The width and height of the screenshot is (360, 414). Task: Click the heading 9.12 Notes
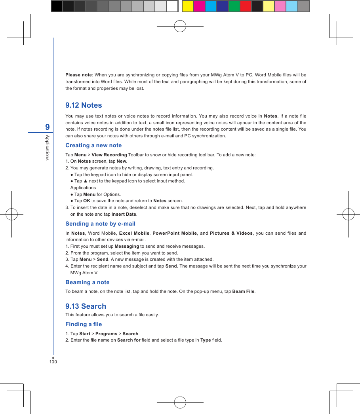click(x=84, y=105)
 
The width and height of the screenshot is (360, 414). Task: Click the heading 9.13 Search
click(x=86, y=306)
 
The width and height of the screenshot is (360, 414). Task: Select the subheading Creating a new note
click(x=93, y=145)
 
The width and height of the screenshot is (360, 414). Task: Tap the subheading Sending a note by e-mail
click(x=100, y=224)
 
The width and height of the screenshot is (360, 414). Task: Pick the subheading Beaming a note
click(x=87, y=282)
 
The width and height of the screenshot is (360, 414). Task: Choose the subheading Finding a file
click(x=84, y=324)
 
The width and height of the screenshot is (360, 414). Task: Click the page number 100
click(x=53, y=362)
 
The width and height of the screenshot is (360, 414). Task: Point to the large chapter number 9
click(x=48, y=127)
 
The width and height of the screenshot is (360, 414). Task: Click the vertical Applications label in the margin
click(x=47, y=148)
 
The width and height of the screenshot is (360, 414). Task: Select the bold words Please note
click(x=78, y=75)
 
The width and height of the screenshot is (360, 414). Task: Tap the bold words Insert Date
click(x=124, y=214)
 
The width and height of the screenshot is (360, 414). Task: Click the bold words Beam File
click(x=243, y=292)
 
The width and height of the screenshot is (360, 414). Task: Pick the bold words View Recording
click(x=109, y=155)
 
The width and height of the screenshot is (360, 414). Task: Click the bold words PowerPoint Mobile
click(x=175, y=233)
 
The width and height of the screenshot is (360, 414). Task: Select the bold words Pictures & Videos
click(x=231, y=233)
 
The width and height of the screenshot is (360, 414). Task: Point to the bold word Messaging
click(x=127, y=246)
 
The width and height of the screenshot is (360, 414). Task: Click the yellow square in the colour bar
click(x=188, y=6)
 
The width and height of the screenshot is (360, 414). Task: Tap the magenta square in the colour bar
click(x=199, y=6)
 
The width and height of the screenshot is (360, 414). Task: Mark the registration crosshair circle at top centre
click(x=180, y=26)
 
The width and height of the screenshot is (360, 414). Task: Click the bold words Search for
click(x=129, y=340)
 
